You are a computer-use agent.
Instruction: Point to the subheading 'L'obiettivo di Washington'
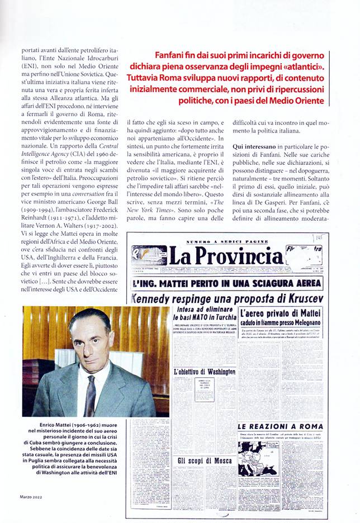205,372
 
